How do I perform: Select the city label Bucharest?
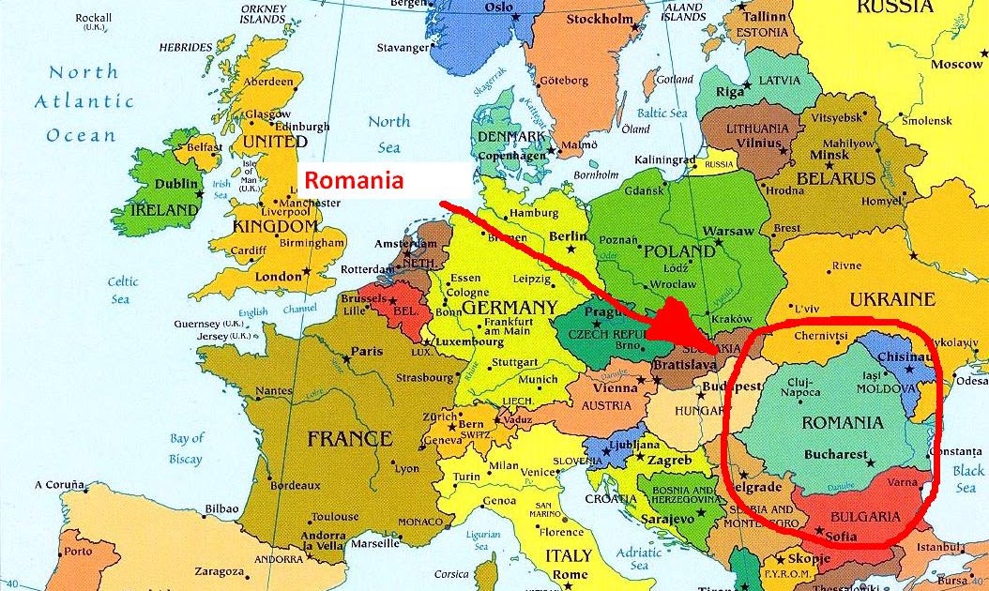coord(836,455)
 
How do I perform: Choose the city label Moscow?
coord(957,65)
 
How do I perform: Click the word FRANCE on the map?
coord(349,438)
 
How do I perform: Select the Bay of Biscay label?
coord(186,448)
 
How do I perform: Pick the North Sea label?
coord(388,133)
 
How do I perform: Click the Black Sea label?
coord(966,479)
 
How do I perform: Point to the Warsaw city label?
coord(728,231)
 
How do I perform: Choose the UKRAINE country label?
coord(891,299)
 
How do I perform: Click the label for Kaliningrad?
coord(667,159)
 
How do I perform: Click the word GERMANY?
coord(510,307)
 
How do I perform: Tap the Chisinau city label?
coord(905,357)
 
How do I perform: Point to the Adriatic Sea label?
coord(639,559)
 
